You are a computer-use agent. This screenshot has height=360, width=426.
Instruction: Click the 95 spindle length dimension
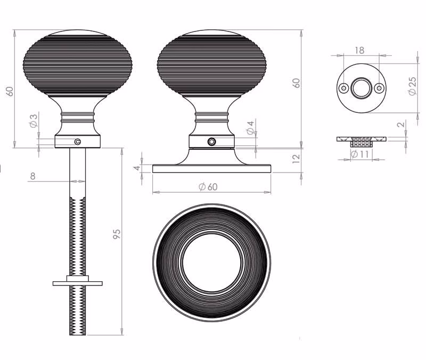(x=116, y=234)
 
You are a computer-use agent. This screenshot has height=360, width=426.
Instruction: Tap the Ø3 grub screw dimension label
(x=33, y=121)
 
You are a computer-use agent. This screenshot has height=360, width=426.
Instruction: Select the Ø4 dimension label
(x=250, y=128)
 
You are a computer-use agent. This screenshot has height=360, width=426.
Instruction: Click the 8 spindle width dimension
(x=32, y=176)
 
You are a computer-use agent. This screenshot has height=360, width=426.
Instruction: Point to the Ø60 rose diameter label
(x=208, y=186)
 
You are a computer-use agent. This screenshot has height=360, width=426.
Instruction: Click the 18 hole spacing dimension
(x=359, y=51)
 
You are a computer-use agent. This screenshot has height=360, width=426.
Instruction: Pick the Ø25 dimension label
(x=412, y=86)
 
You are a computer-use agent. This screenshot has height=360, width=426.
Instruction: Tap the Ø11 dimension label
(x=359, y=154)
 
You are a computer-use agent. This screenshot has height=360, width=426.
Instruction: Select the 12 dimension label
(x=296, y=158)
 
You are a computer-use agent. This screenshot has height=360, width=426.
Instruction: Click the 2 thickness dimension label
(x=401, y=125)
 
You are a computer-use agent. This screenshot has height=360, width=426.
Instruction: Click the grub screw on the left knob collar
(x=78, y=141)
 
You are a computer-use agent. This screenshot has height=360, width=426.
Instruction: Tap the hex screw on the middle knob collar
(x=211, y=142)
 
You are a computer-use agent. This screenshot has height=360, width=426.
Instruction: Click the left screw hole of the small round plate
(x=343, y=88)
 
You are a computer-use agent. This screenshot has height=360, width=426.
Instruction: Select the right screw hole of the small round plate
(x=379, y=88)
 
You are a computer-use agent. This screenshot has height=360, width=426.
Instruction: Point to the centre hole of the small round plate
(x=361, y=88)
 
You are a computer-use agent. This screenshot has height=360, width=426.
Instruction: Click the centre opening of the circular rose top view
(x=211, y=263)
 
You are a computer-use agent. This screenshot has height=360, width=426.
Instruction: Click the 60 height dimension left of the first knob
(x=10, y=91)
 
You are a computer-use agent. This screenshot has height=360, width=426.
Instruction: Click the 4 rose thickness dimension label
(x=137, y=168)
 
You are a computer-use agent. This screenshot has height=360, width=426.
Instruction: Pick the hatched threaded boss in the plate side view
(x=361, y=142)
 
